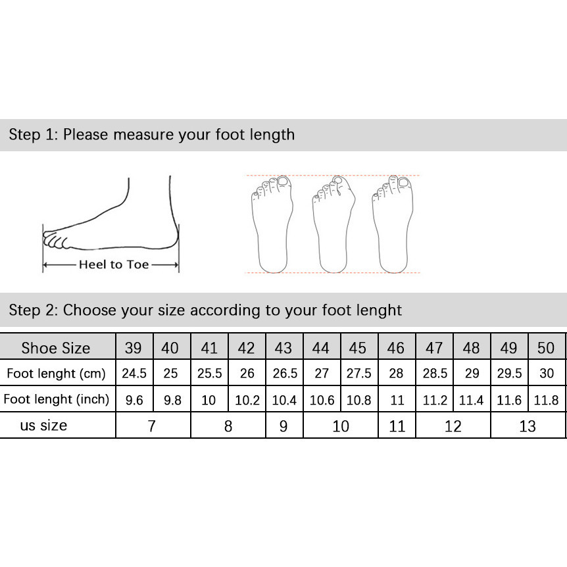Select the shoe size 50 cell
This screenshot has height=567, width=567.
click(547, 347)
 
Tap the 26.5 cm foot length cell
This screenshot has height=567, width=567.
click(285, 372)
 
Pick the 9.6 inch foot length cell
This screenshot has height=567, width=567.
click(135, 399)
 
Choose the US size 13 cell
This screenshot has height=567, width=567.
click(528, 425)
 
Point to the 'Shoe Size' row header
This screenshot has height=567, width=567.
click(56, 347)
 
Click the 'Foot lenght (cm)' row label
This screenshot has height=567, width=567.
click(56, 372)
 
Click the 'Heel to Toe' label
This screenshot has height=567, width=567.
click(114, 264)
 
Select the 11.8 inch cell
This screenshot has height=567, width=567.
click(547, 399)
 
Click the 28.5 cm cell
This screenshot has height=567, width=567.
click(434, 372)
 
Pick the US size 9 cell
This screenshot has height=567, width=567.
click(285, 425)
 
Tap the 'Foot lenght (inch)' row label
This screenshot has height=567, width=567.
click(56, 399)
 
